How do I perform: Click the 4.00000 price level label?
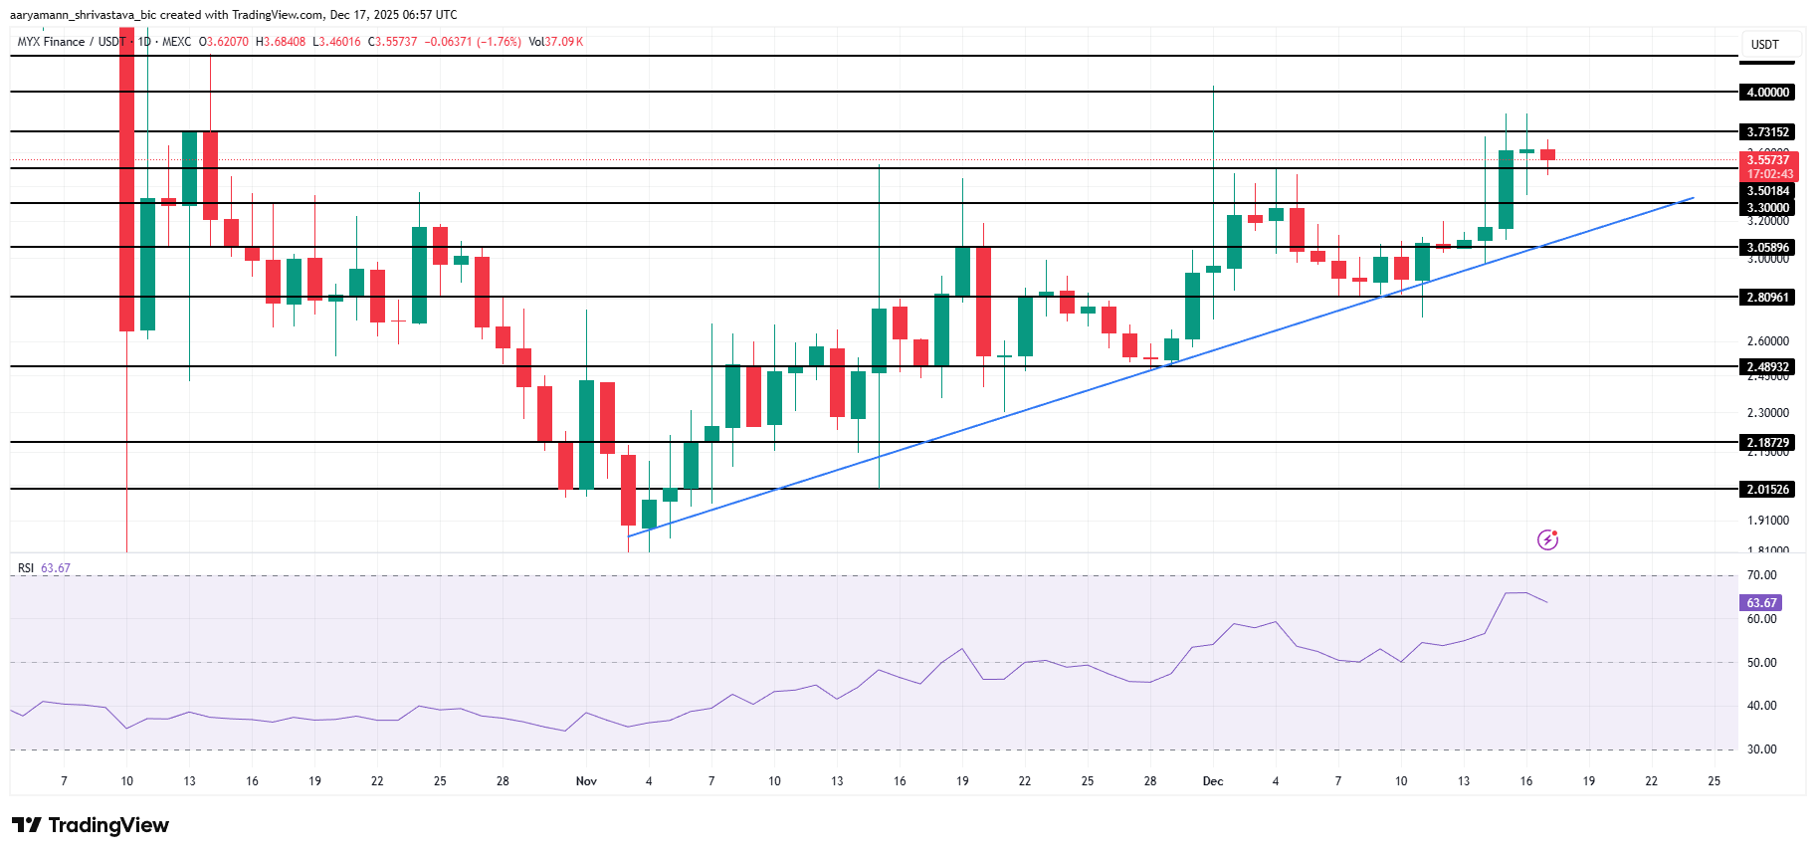click(1767, 93)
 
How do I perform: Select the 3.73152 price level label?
click(1767, 132)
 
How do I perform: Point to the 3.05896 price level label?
click(1767, 248)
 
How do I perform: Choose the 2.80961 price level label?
click(1767, 298)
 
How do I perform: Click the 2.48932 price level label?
click(1767, 367)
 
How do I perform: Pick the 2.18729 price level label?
click(1767, 443)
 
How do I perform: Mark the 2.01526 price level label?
click(1767, 490)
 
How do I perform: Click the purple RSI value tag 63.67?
click(1761, 603)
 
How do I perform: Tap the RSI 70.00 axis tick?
click(1761, 575)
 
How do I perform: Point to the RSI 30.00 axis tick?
click(1761, 749)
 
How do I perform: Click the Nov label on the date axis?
click(586, 781)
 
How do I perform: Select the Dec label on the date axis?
click(1213, 781)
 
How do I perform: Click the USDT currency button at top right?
click(1765, 45)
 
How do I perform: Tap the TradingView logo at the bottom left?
click(91, 825)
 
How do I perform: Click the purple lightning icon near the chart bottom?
click(1547, 539)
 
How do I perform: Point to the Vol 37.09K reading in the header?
click(556, 42)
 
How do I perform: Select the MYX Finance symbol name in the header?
click(51, 42)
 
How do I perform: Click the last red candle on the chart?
click(1547, 154)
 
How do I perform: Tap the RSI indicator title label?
click(26, 568)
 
